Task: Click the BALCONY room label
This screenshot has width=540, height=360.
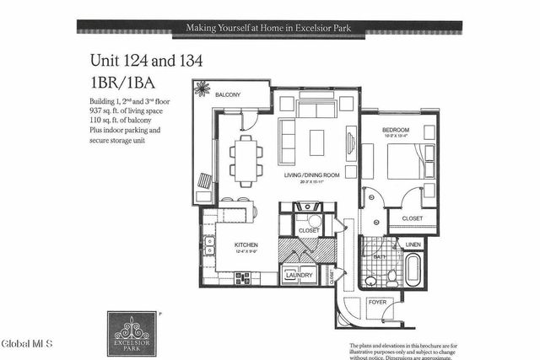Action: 228,94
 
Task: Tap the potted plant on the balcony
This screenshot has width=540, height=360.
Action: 202,89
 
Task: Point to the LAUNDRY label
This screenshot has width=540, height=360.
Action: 300,275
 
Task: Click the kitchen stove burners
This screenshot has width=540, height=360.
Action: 244,277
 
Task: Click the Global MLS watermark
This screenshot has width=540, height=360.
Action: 27,344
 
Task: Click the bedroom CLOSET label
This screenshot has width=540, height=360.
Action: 413,218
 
